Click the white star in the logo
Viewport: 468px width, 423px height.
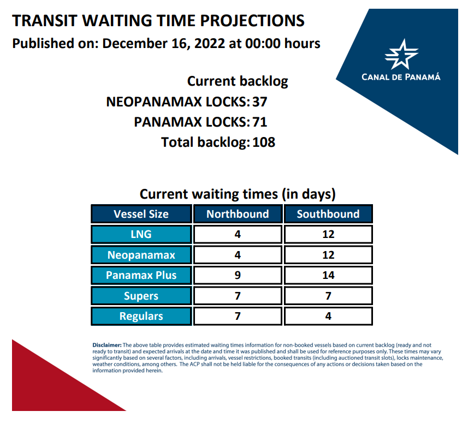(401, 55)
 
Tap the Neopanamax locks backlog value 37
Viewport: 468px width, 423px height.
(260, 102)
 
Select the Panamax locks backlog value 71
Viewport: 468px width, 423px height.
(260, 122)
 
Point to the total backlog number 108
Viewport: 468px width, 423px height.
(264, 142)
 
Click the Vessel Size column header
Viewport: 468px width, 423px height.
(141, 214)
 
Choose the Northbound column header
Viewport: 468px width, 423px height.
(238, 214)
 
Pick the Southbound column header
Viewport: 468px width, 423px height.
(328, 214)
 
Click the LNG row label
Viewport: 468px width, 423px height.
(141, 234)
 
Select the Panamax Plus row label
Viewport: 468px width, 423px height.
(141, 275)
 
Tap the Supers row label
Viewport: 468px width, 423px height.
(141, 296)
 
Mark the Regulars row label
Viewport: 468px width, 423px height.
(141, 316)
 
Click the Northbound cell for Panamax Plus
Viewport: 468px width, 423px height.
(238, 275)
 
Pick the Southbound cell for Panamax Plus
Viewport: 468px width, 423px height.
(328, 275)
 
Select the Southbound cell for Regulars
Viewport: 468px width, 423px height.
(328, 316)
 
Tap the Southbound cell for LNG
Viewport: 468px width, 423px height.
(328, 234)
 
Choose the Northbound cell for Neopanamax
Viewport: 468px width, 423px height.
(238, 255)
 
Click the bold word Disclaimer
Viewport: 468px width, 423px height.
(107, 345)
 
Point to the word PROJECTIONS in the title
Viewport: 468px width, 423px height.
(252, 21)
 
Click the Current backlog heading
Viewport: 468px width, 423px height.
(238, 81)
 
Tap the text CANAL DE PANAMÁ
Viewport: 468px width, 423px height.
(401, 77)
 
